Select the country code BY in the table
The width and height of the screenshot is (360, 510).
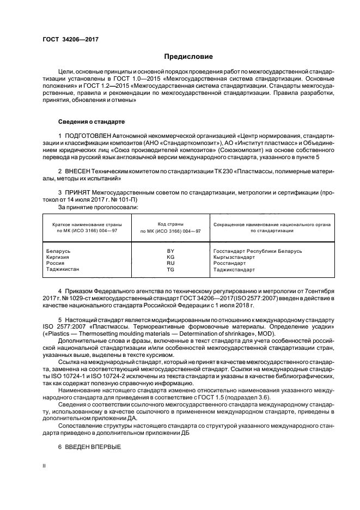tap(170, 251)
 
